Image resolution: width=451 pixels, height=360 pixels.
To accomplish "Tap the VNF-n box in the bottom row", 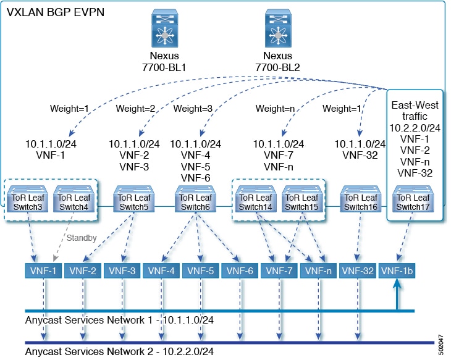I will (x=318, y=270).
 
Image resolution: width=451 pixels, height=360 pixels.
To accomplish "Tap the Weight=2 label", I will (x=137, y=109).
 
